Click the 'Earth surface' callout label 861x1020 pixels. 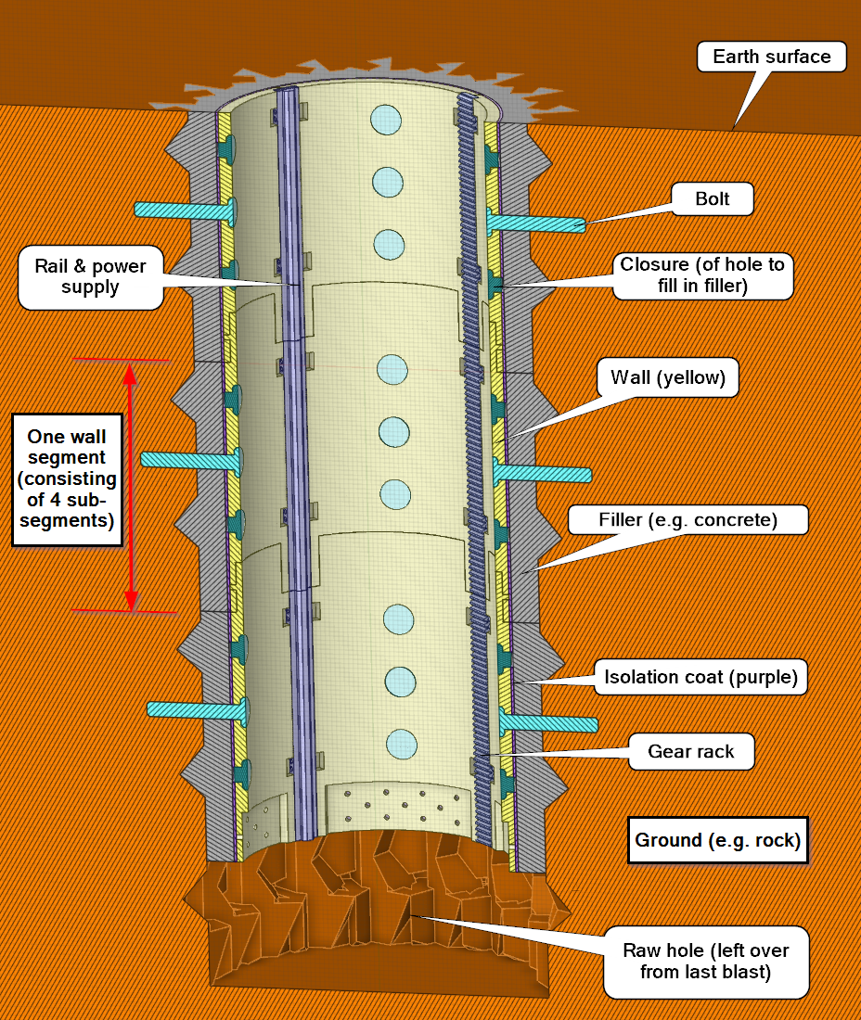[771, 57]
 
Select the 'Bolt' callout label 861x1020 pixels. [713, 198]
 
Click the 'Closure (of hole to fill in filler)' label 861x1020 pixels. [702, 275]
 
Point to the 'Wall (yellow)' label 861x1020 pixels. [674, 377]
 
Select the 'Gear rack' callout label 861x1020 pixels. [691, 751]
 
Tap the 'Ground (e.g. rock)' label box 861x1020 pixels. [717, 840]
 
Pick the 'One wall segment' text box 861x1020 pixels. [71, 478]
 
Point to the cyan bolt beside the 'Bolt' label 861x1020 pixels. [538, 223]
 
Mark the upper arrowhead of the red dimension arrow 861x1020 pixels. [132, 372]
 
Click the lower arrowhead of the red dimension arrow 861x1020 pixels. [132, 598]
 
